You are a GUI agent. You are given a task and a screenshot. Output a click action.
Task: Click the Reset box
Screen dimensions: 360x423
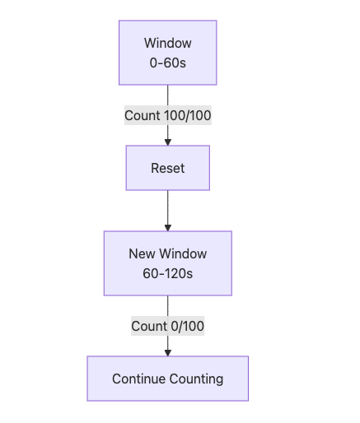[168, 168]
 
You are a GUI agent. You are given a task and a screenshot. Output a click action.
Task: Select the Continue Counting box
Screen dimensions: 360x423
[168, 379]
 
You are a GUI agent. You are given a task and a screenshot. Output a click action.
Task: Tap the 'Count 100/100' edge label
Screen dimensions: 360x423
[168, 115]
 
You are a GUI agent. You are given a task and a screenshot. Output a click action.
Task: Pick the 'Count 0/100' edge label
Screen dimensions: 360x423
[168, 326]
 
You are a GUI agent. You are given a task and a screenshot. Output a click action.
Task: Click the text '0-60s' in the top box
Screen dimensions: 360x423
[168, 63]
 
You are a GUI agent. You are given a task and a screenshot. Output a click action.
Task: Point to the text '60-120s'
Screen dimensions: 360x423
[168, 273]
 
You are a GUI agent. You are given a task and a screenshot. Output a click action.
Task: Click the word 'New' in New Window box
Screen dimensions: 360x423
[142, 253]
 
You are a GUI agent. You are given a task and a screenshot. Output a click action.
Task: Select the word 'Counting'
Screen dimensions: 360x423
[196, 379]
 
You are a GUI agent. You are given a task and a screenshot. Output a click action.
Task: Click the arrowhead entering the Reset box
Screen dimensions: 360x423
[168, 142]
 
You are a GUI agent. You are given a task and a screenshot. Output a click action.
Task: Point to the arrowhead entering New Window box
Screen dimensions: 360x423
[168, 228]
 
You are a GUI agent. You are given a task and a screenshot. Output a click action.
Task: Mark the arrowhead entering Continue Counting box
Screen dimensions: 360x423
[168, 353]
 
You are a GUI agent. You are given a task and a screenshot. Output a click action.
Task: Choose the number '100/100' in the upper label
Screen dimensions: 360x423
[188, 115]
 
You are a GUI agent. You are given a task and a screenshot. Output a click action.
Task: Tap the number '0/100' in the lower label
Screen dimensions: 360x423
[188, 326]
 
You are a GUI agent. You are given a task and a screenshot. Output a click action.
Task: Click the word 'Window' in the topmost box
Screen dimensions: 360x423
[168, 43]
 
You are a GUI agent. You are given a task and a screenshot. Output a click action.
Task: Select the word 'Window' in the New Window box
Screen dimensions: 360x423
[183, 253]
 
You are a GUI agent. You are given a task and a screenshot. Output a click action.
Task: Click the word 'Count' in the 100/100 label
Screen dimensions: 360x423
[143, 115]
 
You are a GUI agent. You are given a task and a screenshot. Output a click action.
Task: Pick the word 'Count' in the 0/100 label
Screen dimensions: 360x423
[149, 326]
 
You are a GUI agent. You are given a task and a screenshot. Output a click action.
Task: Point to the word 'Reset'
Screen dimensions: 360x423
[168, 168]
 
